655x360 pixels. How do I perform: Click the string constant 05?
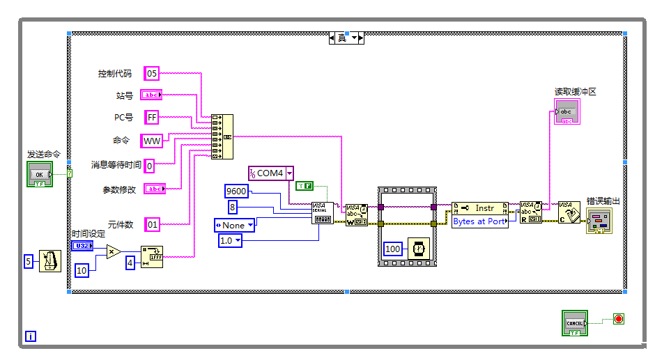(152, 73)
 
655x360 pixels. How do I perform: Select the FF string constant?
(152, 118)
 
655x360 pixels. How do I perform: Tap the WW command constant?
(151, 141)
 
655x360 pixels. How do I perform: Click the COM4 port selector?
(271, 173)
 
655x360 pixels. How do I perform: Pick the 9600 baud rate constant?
(236, 191)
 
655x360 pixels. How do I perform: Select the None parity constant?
(234, 225)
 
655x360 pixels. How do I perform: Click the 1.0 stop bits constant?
(230, 240)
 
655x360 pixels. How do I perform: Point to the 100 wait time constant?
(393, 249)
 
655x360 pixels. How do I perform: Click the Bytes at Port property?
(479, 221)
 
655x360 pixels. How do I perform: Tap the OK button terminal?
(40, 174)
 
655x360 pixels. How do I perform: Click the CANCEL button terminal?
(575, 323)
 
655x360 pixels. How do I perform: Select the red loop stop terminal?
(618, 320)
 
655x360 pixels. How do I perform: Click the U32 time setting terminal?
(82, 246)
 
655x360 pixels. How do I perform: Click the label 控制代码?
(115, 73)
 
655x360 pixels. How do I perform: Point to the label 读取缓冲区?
(575, 92)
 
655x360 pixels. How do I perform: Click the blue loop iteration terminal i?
(31, 337)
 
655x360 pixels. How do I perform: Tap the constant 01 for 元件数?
(152, 224)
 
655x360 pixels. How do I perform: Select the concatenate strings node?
(222, 137)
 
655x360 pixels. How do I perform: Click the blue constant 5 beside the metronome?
(29, 261)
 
